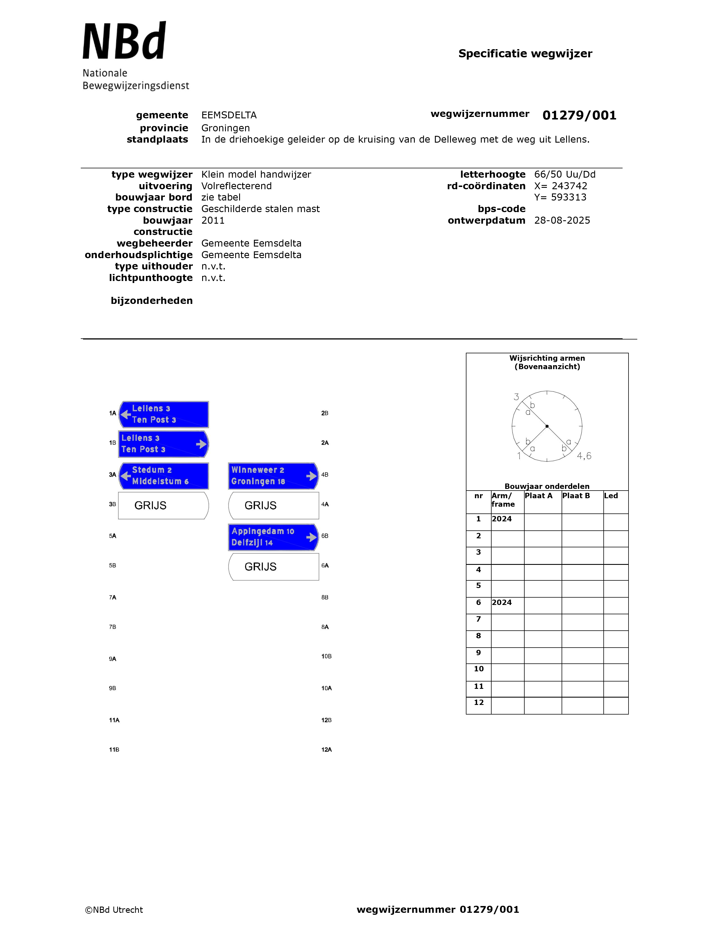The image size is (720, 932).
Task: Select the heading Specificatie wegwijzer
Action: coord(525,54)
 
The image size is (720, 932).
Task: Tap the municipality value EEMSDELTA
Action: coord(229,115)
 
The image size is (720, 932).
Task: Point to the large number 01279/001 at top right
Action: coord(579,115)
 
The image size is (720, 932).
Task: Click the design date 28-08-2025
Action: coord(562,221)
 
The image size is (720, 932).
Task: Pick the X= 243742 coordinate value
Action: coord(560,186)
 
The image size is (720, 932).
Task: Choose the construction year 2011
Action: coord(213,221)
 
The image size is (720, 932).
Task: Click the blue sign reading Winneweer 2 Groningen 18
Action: coord(273,476)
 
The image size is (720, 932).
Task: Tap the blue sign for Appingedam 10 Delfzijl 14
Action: coord(273,537)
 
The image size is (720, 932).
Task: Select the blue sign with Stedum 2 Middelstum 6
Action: coord(164,476)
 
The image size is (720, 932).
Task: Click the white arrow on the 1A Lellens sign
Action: coord(125,414)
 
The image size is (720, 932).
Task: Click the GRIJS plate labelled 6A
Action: coord(273,567)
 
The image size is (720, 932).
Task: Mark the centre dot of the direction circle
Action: coord(547,426)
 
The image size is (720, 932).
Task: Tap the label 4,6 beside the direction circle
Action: coord(584,456)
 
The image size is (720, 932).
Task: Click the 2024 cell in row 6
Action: coord(502,603)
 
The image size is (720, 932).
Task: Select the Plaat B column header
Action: coord(576,496)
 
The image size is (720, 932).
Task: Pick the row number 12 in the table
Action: coord(479,702)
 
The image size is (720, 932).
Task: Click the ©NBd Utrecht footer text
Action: coord(114,910)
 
